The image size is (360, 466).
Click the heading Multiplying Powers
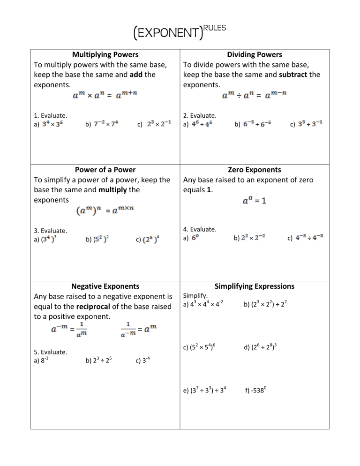pyautogui.click(x=105, y=55)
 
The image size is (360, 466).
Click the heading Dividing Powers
pyautogui.click(x=255, y=55)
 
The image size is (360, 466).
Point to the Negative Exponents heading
pyautogui.click(x=105, y=286)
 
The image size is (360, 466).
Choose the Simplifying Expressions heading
pyautogui.click(x=255, y=286)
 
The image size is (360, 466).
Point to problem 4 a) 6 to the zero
pyautogui.click(x=192, y=238)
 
